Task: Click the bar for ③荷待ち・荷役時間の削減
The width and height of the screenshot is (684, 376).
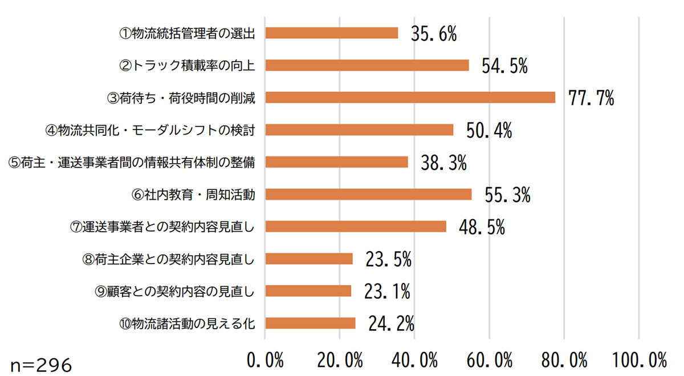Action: tap(410, 98)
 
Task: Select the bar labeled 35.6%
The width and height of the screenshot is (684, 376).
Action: tap(332, 33)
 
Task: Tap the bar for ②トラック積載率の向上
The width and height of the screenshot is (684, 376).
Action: tap(367, 65)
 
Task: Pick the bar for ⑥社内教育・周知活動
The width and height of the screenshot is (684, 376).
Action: tap(368, 195)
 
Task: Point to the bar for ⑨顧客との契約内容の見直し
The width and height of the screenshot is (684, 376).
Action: tap(308, 291)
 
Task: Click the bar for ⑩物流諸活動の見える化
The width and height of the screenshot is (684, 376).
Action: tap(311, 324)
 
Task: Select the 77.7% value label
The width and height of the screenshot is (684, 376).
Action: tap(591, 99)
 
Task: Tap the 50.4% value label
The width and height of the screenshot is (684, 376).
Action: tap(489, 131)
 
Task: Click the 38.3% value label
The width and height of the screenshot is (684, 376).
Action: tap(443, 164)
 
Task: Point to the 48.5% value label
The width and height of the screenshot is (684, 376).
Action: tap(482, 228)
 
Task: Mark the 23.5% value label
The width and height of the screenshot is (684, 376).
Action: tap(388, 261)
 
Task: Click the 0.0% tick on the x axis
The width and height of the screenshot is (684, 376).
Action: tap(266, 361)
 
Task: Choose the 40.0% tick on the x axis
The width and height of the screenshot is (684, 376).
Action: tap(414, 361)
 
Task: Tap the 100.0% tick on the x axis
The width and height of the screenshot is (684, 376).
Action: tap(640, 361)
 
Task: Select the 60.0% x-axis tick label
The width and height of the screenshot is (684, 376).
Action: tap(489, 361)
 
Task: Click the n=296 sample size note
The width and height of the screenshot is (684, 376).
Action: tap(41, 365)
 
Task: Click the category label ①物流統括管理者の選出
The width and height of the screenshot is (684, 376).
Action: tap(186, 33)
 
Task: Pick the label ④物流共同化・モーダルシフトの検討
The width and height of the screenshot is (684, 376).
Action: tap(149, 130)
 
